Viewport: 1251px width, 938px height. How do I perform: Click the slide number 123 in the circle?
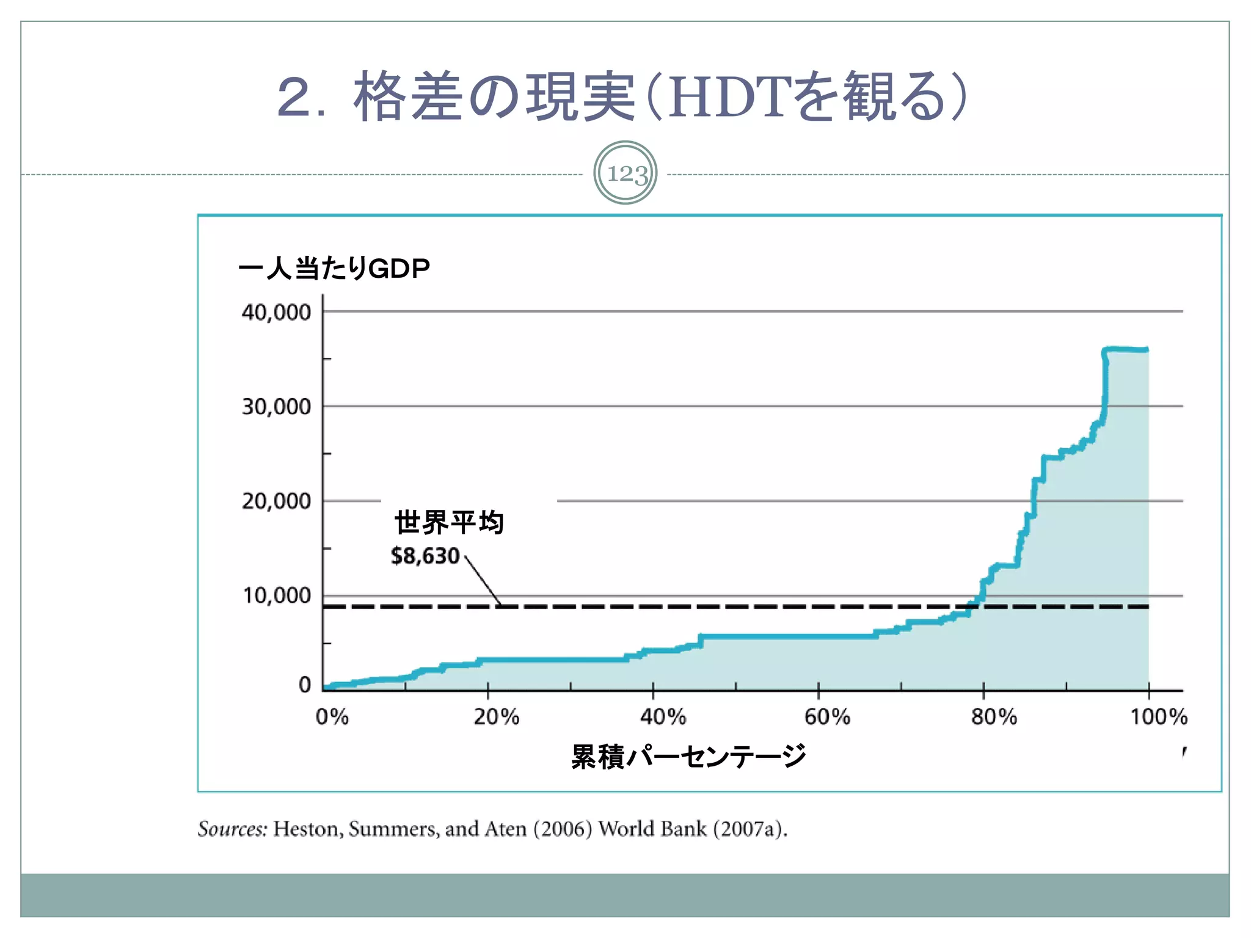point(626,173)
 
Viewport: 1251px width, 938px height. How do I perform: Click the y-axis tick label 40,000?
point(276,313)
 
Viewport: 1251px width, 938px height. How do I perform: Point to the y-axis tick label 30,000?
point(276,407)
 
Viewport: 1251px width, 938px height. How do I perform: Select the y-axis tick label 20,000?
point(276,501)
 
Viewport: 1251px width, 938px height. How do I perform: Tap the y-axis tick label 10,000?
point(276,595)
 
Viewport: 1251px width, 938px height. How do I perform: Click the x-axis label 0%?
point(332,716)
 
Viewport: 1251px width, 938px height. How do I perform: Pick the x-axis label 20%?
point(496,716)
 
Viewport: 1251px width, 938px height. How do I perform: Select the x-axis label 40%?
point(663,716)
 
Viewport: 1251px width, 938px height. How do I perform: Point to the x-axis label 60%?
point(827,716)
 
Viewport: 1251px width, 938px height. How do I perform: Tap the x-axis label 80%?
point(994,716)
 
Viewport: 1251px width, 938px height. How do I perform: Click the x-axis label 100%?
point(1158,716)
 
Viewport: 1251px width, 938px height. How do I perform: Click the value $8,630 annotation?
point(425,556)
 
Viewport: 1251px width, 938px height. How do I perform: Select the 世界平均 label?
point(449,523)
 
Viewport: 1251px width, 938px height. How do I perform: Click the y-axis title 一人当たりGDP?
point(334,269)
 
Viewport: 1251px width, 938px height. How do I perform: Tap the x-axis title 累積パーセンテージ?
point(688,757)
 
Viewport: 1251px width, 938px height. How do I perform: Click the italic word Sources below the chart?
point(232,829)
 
